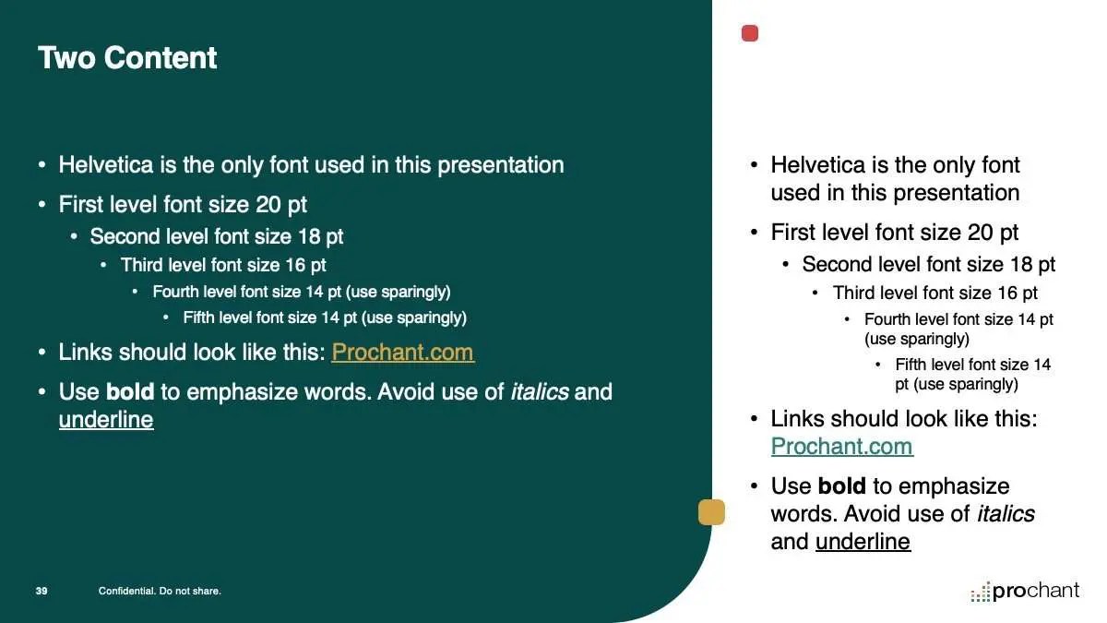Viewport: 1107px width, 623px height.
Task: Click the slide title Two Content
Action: [x=127, y=58]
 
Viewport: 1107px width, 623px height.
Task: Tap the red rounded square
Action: [x=750, y=33]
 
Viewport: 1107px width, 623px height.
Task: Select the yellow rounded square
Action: [x=711, y=511]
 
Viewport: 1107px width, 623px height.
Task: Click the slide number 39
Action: [x=42, y=591]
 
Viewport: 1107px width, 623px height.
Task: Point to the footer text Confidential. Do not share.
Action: [x=160, y=591]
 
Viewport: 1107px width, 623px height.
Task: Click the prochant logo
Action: [x=1025, y=592]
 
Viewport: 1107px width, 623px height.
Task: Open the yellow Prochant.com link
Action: [x=403, y=352]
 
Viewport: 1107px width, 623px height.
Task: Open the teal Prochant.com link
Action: [x=842, y=446]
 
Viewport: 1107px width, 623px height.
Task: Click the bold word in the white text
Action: [x=130, y=391]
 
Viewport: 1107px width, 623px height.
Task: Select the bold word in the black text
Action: [x=842, y=485]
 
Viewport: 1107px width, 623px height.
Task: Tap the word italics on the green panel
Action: [x=540, y=391]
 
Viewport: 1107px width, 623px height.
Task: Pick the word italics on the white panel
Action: [x=1006, y=513]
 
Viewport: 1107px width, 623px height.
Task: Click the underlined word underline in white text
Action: [x=106, y=419]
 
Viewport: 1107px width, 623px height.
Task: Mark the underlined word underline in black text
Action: [x=863, y=541]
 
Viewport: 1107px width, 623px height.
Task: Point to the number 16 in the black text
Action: [x=1007, y=293]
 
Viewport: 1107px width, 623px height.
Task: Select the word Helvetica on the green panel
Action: [x=106, y=164]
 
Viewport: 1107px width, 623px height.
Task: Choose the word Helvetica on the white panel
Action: [x=818, y=164]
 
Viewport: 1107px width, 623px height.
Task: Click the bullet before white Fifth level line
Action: [x=166, y=317]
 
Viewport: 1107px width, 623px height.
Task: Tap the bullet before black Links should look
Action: [x=754, y=419]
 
